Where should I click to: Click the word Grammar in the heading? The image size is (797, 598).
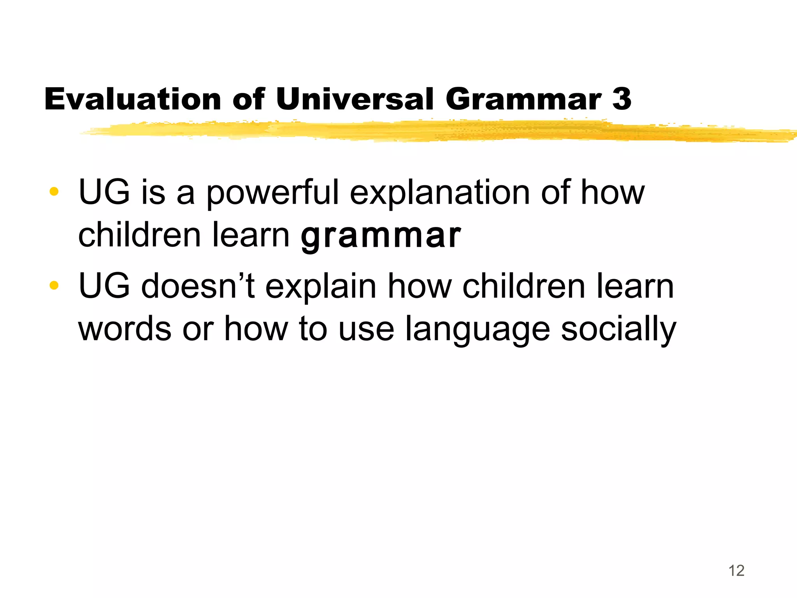pos(523,100)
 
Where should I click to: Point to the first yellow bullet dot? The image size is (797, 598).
pos(54,192)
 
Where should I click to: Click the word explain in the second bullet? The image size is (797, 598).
pos(321,287)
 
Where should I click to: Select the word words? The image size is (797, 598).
pos(125,329)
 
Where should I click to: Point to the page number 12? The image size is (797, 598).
pos(736,571)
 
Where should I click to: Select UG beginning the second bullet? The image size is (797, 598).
pos(104,286)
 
